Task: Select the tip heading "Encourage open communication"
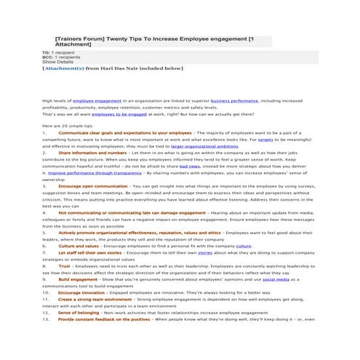coord(94,186)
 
